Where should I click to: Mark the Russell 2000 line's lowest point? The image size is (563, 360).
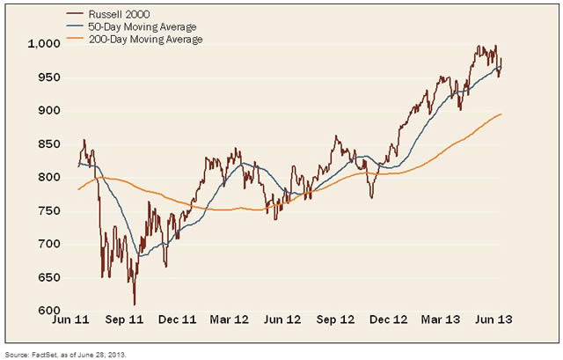135,305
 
